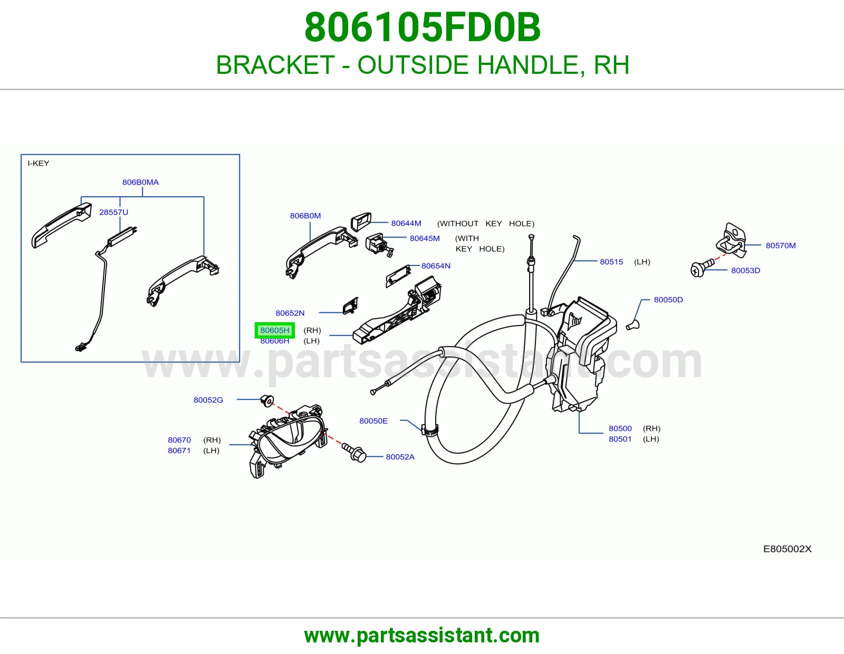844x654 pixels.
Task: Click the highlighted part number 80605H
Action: coord(275,330)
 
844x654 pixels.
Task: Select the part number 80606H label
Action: coord(275,341)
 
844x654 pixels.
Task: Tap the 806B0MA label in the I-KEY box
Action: coord(141,182)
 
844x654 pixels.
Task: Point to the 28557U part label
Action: coord(113,212)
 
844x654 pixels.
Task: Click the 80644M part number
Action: coord(406,223)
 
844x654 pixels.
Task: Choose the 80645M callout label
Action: coord(425,238)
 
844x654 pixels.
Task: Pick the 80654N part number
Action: coord(436,266)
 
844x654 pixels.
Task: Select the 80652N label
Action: coord(290,313)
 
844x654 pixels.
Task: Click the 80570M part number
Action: coord(781,245)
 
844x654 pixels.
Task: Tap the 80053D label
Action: coord(746,270)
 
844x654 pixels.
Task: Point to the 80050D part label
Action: coord(668,300)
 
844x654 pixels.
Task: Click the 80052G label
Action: coord(208,400)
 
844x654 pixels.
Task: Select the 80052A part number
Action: coord(400,457)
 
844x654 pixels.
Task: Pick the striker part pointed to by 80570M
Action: coord(731,240)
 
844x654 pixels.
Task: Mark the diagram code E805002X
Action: coord(787,549)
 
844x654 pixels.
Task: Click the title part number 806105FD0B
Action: coord(422,27)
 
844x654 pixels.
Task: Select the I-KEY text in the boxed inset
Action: coord(39,163)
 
